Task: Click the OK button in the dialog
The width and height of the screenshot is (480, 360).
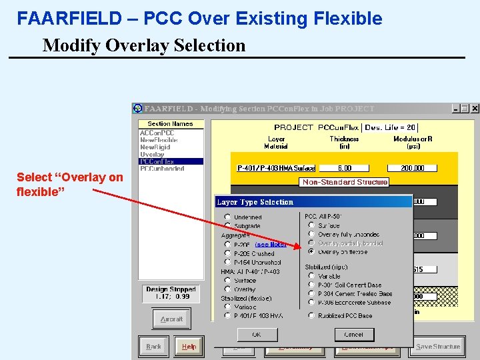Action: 257,334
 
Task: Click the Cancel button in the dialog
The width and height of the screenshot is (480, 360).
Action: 353,334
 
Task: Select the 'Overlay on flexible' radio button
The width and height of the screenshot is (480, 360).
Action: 311,252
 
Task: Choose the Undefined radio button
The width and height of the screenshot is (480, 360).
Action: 228,217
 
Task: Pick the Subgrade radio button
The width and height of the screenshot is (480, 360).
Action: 228,226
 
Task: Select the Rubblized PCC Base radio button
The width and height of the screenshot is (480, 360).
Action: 311,315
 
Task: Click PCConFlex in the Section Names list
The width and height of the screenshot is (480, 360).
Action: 157,161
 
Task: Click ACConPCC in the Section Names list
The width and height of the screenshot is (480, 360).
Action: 157,133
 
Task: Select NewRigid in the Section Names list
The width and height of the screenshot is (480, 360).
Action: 155,147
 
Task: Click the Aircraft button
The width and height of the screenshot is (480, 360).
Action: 171,319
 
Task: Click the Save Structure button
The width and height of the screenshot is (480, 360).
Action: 437,346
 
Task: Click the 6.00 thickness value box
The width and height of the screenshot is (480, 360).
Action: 344,169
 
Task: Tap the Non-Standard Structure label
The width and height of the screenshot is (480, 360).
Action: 345,182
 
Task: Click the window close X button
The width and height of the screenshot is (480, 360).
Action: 475,108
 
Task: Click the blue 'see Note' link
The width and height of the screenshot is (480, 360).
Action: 271,244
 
